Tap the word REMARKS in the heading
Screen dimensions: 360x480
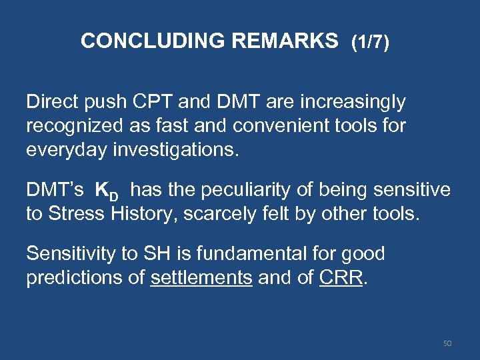tap(285, 41)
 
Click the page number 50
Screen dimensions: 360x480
tap(447, 343)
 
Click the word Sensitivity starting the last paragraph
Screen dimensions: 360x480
tap(71, 254)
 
